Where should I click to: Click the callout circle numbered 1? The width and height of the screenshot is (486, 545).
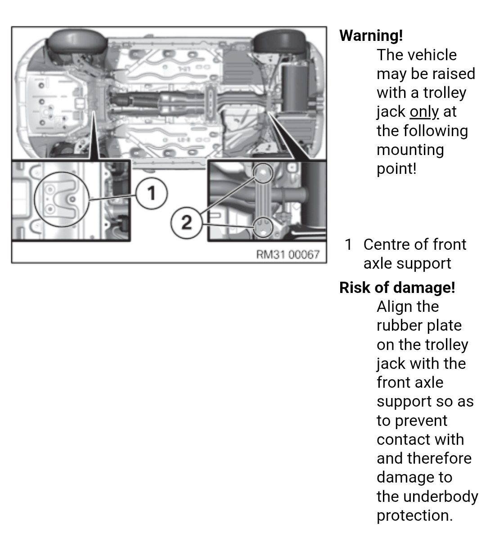pyautogui.click(x=151, y=193)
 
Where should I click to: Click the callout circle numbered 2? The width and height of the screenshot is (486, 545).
pyautogui.click(x=186, y=222)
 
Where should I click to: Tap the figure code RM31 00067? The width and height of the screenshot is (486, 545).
pyautogui.click(x=288, y=254)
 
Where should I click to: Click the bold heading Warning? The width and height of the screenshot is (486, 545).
pyautogui.click(x=371, y=35)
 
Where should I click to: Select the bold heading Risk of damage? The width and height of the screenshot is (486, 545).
pyautogui.click(x=397, y=288)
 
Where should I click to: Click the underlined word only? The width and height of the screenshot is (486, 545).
pyautogui.click(x=424, y=112)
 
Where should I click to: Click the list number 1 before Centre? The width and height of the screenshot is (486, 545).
pyautogui.click(x=348, y=244)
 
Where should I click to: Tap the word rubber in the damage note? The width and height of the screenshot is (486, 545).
pyautogui.click(x=397, y=325)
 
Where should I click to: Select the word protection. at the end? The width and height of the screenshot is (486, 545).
pyautogui.click(x=414, y=516)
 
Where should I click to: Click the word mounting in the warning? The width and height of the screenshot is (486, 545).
pyautogui.click(x=410, y=150)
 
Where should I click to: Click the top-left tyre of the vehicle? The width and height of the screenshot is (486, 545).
pyautogui.click(x=77, y=41)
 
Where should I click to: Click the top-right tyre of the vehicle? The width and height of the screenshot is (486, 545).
pyautogui.click(x=279, y=42)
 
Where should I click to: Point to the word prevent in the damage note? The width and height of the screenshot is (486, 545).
pyautogui.click(x=421, y=421)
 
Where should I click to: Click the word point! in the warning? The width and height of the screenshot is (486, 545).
pyautogui.click(x=396, y=169)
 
